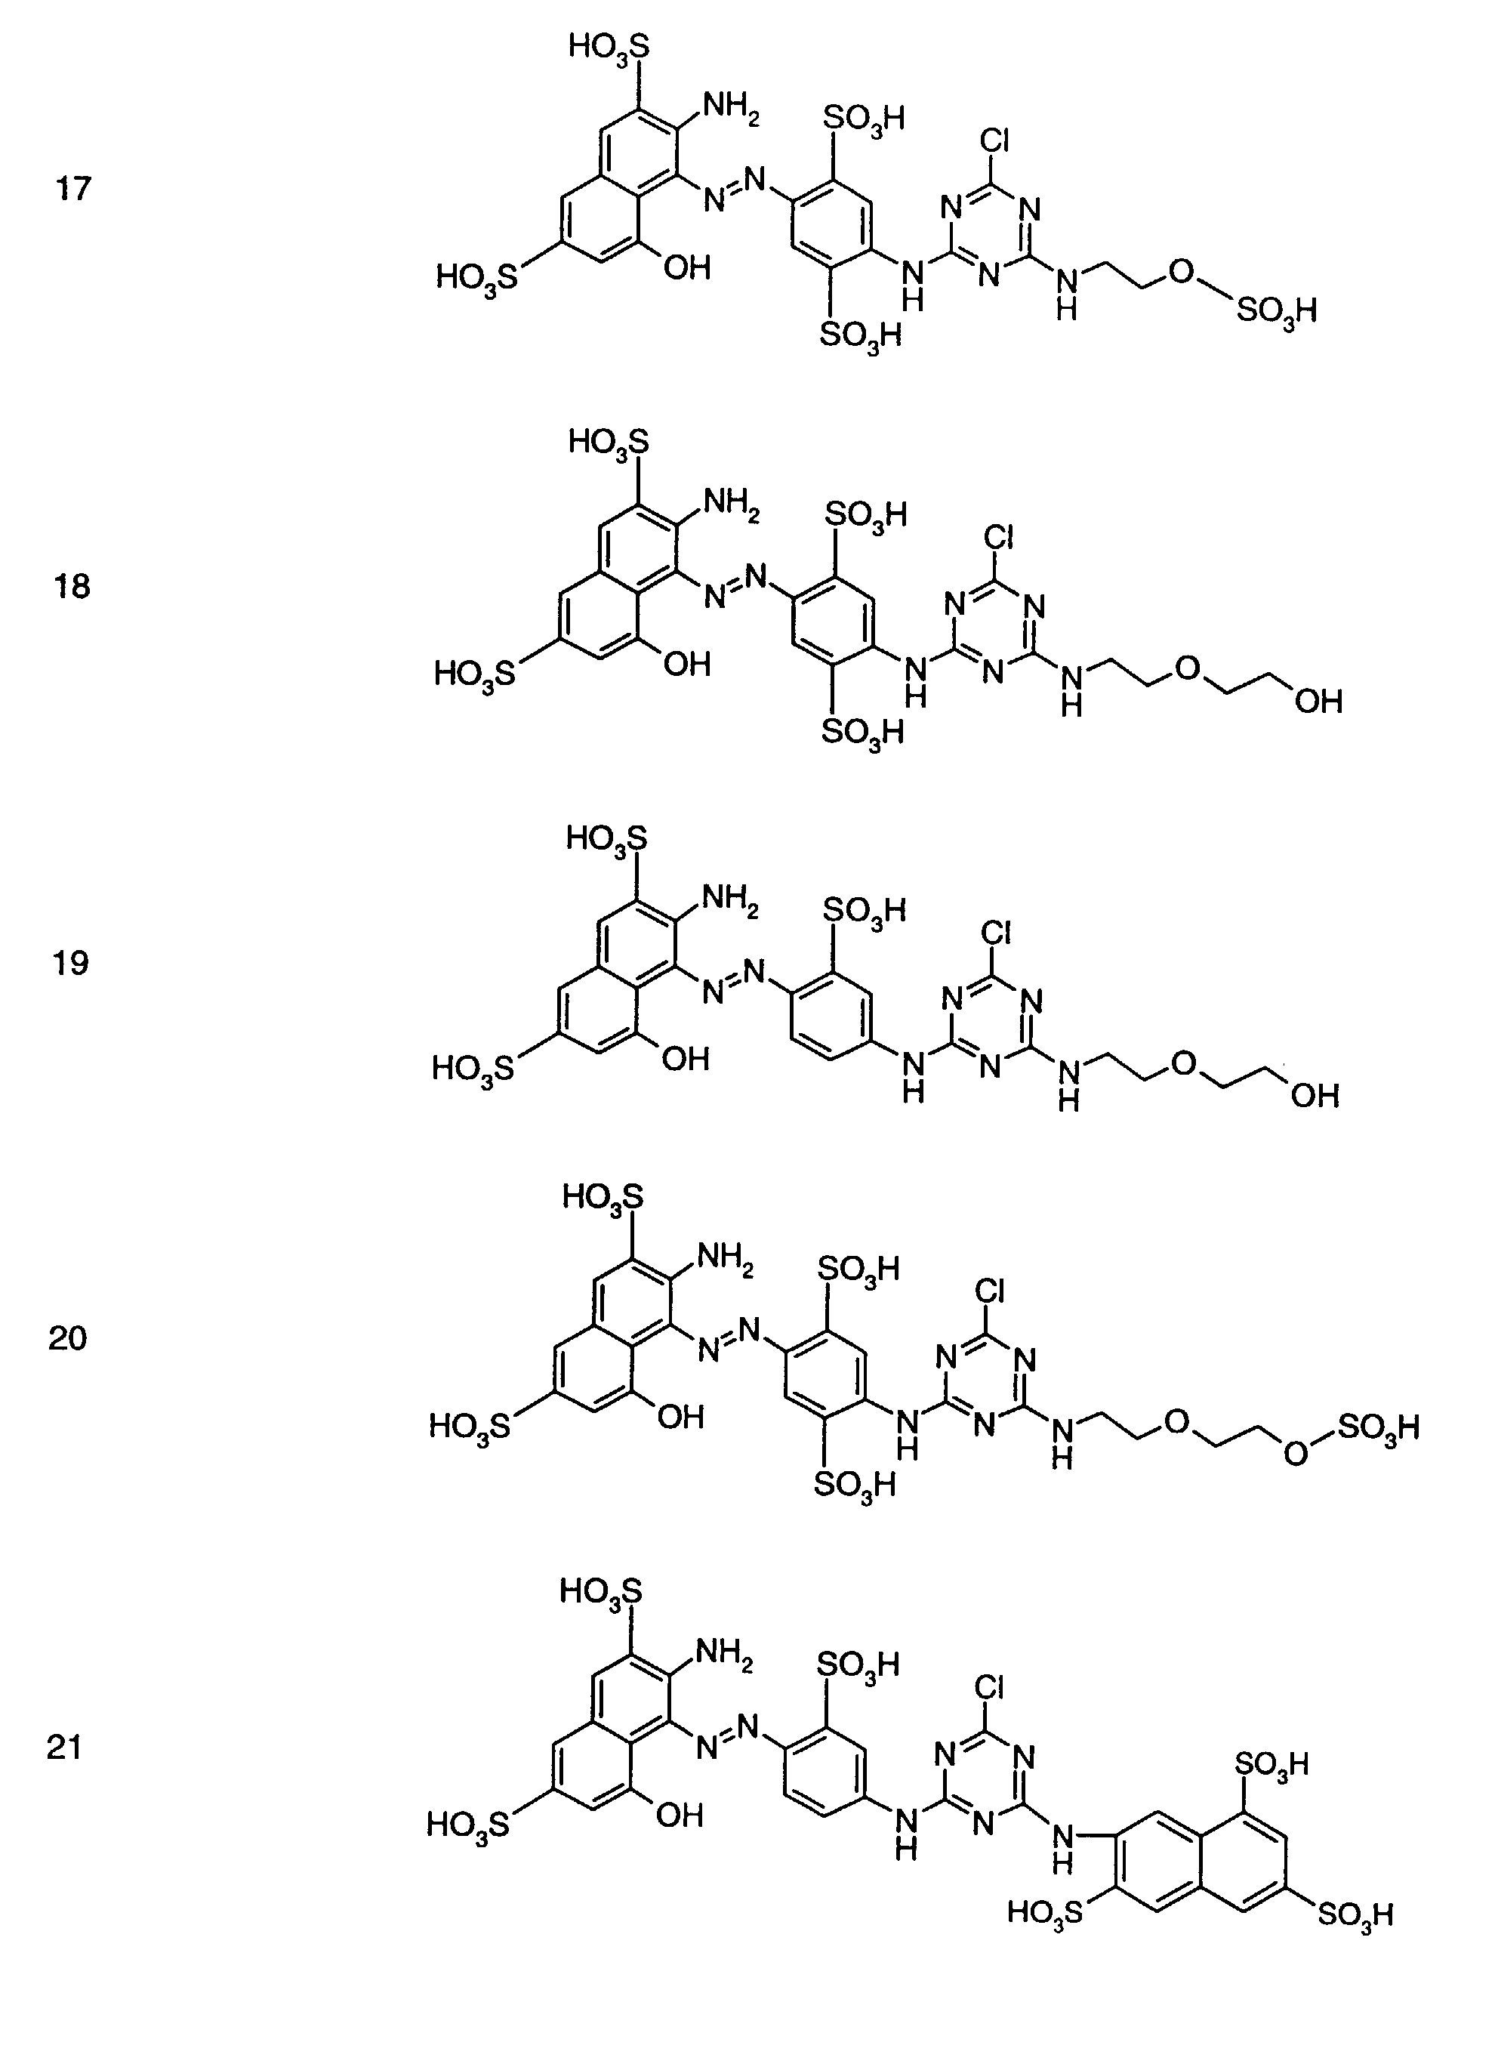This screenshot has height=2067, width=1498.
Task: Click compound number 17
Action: click(x=73, y=189)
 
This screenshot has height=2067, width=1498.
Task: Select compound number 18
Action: click(x=72, y=586)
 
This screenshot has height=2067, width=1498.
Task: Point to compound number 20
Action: click(x=67, y=1338)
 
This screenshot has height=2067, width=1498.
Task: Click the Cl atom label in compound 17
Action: click(x=995, y=140)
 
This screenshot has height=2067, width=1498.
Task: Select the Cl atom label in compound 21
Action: click(x=990, y=1688)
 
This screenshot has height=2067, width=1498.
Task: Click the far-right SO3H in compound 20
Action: click(x=1379, y=1427)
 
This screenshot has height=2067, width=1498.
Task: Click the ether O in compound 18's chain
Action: click(x=1187, y=669)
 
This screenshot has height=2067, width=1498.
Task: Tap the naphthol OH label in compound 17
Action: click(x=687, y=268)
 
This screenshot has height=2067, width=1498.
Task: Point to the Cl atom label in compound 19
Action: click(x=997, y=933)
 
